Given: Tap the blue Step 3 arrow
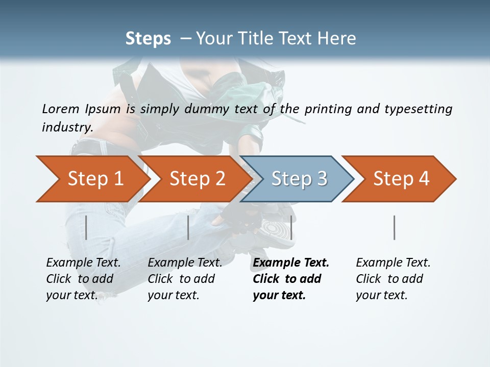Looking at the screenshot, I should (x=299, y=179).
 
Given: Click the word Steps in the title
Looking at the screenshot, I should (x=148, y=39).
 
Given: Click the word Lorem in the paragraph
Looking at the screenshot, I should (x=61, y=109).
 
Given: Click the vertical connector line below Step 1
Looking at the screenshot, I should (x=86, y=227).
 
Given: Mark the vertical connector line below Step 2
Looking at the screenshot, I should (x=188, y=227).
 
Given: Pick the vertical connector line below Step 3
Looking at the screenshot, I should (x=291, y=227).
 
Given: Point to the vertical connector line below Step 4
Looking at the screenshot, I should (x=395, y=227).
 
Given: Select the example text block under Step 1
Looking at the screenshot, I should (x=83, y=279).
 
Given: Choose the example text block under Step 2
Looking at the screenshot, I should (x=185, y=279).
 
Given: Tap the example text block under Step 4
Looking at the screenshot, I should (x=393, y=279).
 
